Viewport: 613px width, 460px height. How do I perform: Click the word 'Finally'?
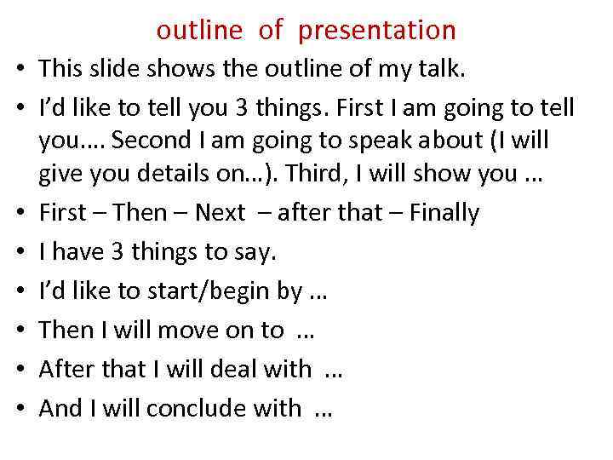[x=444, y=213]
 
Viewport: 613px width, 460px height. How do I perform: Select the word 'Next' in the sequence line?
[x=220, y=213]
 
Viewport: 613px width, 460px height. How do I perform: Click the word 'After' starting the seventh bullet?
[x=66, y=370]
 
